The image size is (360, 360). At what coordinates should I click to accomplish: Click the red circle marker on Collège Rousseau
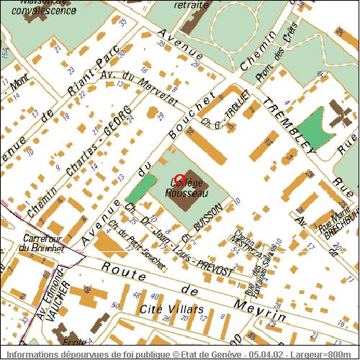click(x=180, y=179)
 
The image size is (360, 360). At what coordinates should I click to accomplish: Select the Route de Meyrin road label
click(x=191, y=292)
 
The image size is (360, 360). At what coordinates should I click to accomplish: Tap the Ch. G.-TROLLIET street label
click(x=225, y=107)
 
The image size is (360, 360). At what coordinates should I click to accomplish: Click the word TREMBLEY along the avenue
click(x=287, y=125)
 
